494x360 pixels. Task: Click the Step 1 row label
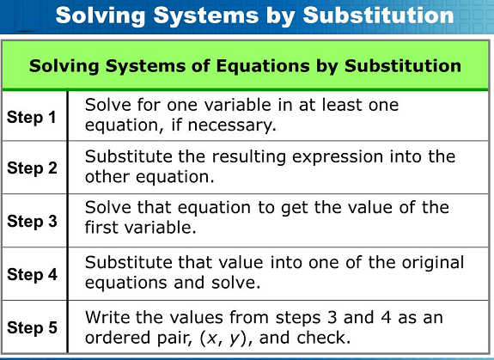pos(32,117)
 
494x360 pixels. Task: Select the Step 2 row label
pos(32,168)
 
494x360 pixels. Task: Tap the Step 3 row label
pos(32,221)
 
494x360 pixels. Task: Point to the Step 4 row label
pos(32,274)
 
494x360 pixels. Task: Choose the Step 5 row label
pos(32,327)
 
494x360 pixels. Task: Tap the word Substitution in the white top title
pos(378,15)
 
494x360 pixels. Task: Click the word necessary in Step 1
pos(232,125)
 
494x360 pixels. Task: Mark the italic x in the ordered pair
pos(212,339)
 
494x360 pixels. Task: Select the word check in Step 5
pos(324,338)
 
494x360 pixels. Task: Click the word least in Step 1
pos(341,105)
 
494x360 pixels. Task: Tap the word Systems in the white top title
pos(206,15)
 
